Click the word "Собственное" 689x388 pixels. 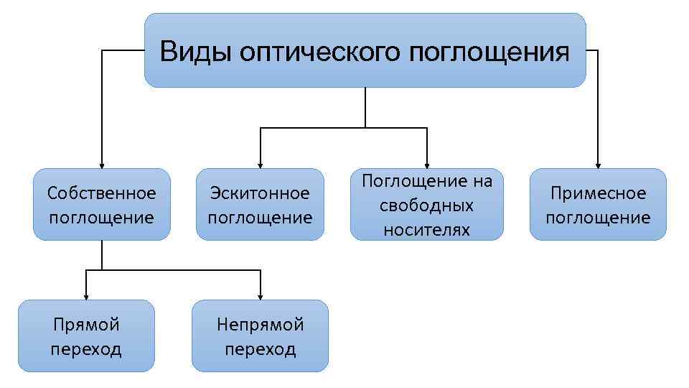101,193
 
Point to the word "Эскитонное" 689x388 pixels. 260,193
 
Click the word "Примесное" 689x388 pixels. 598,193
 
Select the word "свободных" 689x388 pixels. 426,205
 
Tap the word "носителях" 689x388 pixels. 426,230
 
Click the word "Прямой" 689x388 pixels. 86,325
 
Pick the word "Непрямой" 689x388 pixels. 260,325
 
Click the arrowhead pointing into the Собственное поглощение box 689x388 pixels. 101,164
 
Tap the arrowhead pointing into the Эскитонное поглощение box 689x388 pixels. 260,164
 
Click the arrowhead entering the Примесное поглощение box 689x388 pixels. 598,164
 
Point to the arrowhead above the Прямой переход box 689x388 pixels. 86,295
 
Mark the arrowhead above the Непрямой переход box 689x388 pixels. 260,295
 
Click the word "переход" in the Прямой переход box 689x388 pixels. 86,349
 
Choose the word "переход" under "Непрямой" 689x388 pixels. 260,349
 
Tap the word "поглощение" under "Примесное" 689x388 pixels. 598,217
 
